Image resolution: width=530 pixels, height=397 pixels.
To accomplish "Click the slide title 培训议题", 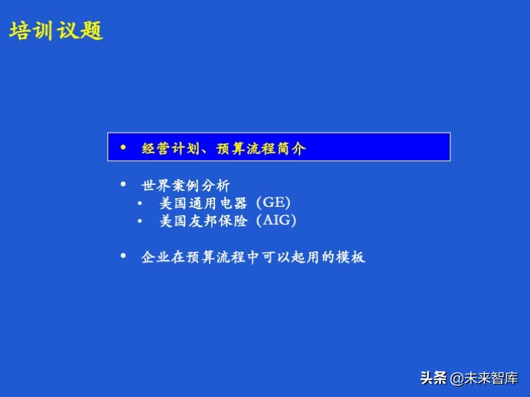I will click(56, 31).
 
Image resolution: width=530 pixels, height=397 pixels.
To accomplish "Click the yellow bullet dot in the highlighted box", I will click(123, 147).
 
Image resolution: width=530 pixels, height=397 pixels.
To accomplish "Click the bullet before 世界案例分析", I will click(123, 183).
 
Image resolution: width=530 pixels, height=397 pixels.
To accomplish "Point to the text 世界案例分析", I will click(185, 185).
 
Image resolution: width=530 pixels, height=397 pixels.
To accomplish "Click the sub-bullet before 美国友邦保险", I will click(141, 221).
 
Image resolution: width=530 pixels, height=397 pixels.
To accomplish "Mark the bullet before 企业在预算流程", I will click(123, 256).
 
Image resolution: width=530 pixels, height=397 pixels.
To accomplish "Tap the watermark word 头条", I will click(434, 379).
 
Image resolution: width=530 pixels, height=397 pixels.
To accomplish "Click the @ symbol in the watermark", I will click(456, 379).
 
